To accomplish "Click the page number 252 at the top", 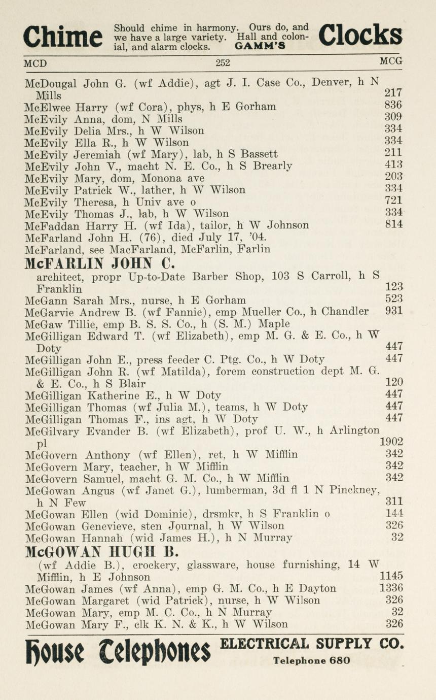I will [223, 62].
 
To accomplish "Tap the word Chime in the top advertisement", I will [63, 37].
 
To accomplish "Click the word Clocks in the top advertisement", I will [360, 36].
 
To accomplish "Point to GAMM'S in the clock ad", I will [260, 46].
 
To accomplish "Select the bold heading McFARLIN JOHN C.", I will [100, 263].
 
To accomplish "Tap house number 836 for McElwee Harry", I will [393, 106].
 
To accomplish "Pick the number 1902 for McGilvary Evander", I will [391, 442].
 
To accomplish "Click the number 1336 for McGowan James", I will [391, 588].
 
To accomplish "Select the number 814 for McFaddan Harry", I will [394, 224].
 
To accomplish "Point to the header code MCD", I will [35, 63].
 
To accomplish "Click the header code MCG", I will [391, 61].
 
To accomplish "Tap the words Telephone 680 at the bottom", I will [312, 660].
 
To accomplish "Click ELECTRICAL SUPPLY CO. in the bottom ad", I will [312, 644].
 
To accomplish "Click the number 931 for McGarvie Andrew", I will [394, 311].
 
